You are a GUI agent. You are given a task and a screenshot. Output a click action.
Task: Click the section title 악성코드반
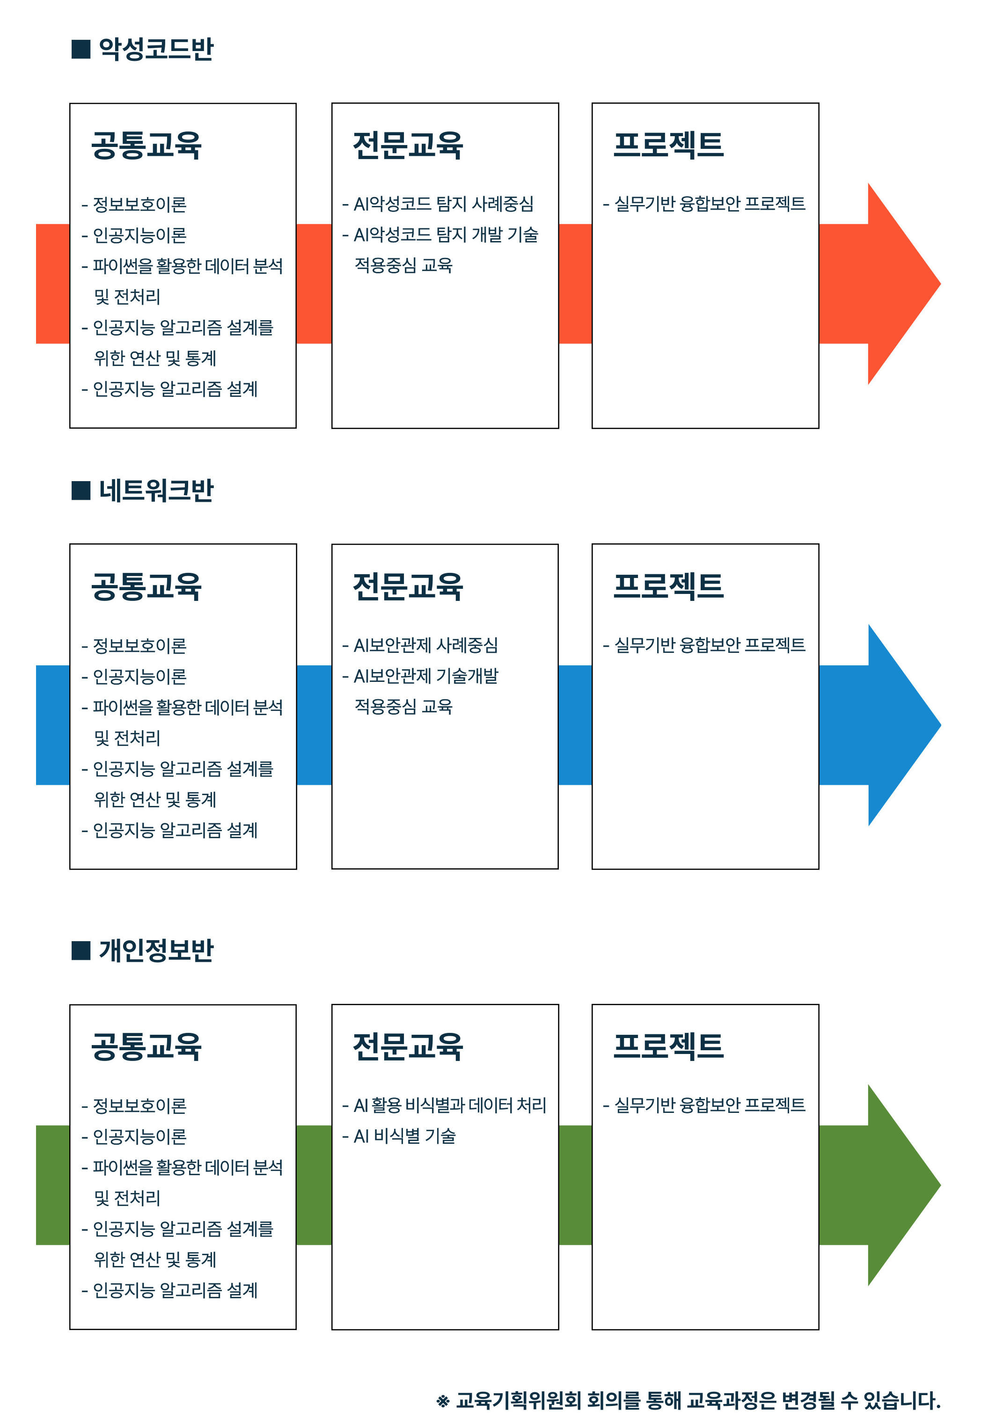pos(156,49)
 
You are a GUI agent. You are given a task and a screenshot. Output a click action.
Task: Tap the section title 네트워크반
pos(156,490)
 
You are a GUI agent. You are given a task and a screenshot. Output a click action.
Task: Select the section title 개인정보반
pos(156,950)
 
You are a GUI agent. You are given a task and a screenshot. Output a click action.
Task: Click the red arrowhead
pos(904,284)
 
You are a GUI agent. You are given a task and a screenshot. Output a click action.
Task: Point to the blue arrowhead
pos(904,725)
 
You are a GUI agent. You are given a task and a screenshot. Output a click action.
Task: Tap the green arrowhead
pos(904,1185)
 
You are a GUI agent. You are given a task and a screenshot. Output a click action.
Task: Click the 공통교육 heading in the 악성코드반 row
pos(146,146)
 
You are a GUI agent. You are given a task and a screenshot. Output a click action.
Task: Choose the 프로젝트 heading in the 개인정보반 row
pos(669,1046)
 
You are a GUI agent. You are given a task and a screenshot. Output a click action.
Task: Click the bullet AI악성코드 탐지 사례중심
pos(438,204)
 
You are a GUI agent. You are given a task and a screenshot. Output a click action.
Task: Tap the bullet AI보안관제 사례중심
pos(420,644)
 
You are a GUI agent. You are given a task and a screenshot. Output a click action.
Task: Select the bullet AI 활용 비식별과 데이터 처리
pos(445,1105)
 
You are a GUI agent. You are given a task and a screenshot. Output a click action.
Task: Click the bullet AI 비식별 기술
pos(399,1136)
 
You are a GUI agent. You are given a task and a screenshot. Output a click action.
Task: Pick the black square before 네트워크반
pos(81,490)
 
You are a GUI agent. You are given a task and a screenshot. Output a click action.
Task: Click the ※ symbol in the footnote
pos(443,1401)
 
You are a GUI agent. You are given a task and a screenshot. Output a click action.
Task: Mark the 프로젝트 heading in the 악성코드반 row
pos(669,145)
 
